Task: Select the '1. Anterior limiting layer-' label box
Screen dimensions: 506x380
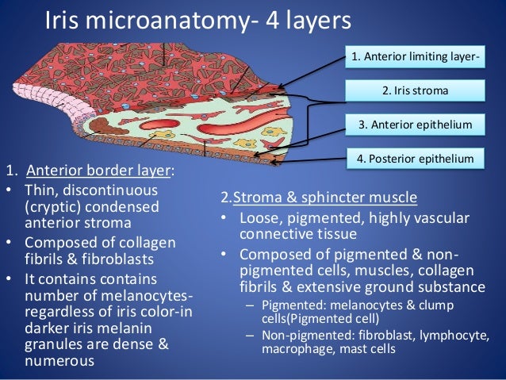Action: coord(415,57)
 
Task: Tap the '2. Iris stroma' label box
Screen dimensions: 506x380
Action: coord(415,90)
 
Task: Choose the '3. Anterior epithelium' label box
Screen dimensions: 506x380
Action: coord(415,125)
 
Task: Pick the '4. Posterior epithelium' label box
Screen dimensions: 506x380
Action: coord(415,158)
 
